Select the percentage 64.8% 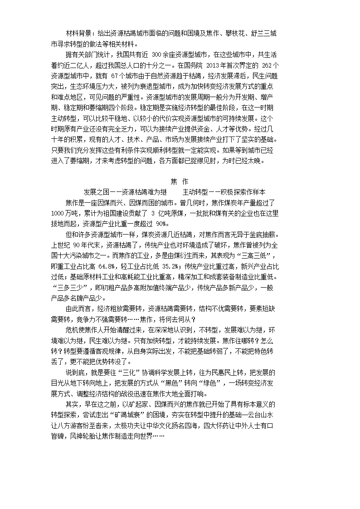pyautogui.click(x=108, y=266)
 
